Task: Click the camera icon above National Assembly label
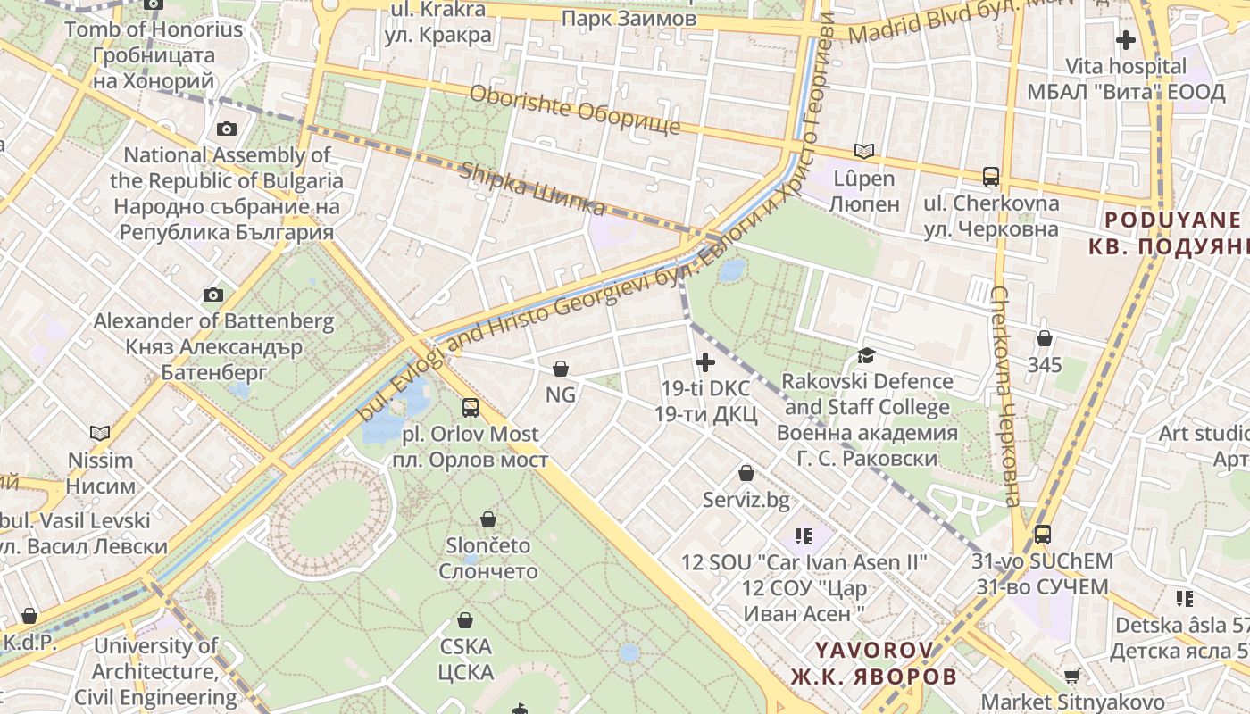tap(227, 129)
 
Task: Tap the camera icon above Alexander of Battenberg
tap(213, 295)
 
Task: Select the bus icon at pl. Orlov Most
tap(471, 408)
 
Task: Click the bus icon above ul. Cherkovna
tap(991, 177)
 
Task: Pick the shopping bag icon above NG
tap(561, 368)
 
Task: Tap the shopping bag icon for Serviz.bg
tap(746, 473)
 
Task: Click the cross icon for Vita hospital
tap(1126, 40)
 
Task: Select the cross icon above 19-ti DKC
tap(705, 361)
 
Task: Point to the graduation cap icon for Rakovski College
tap(866, 355)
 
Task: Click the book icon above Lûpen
tap(863, 151)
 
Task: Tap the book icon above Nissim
tap(100, 434)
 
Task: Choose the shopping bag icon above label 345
tap(1044, 338)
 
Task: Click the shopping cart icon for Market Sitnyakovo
tap(1072, 677)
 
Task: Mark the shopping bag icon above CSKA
tap(465, 619)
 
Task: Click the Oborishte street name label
tap(574, 109)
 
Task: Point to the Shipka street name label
tap(532, 188)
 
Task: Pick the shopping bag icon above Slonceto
tap(488, 519)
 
